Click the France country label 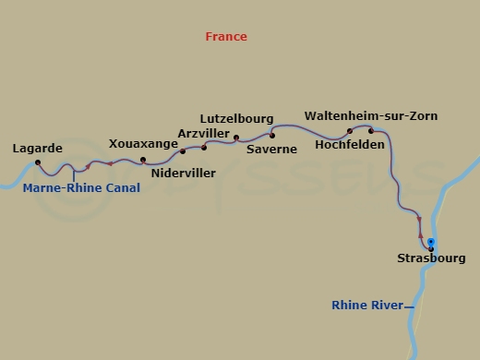(x=226, y=37)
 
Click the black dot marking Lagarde (x=38, y=162)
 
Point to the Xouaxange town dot (x=143, y=160)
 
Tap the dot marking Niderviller (x=183, y=151)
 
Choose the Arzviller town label (x=203, y=133)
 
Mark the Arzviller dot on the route (x=204, y=147)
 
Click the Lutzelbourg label (x=236, y=119)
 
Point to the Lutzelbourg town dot (x=236, y=138)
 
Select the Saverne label (x=271, y=149)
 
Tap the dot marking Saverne (x=272, y=136)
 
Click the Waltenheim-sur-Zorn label (x=371, y=116)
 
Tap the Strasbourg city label (x=431, y=260)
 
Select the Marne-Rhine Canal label (x=82, y=187)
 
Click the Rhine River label (x=367, y=305)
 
